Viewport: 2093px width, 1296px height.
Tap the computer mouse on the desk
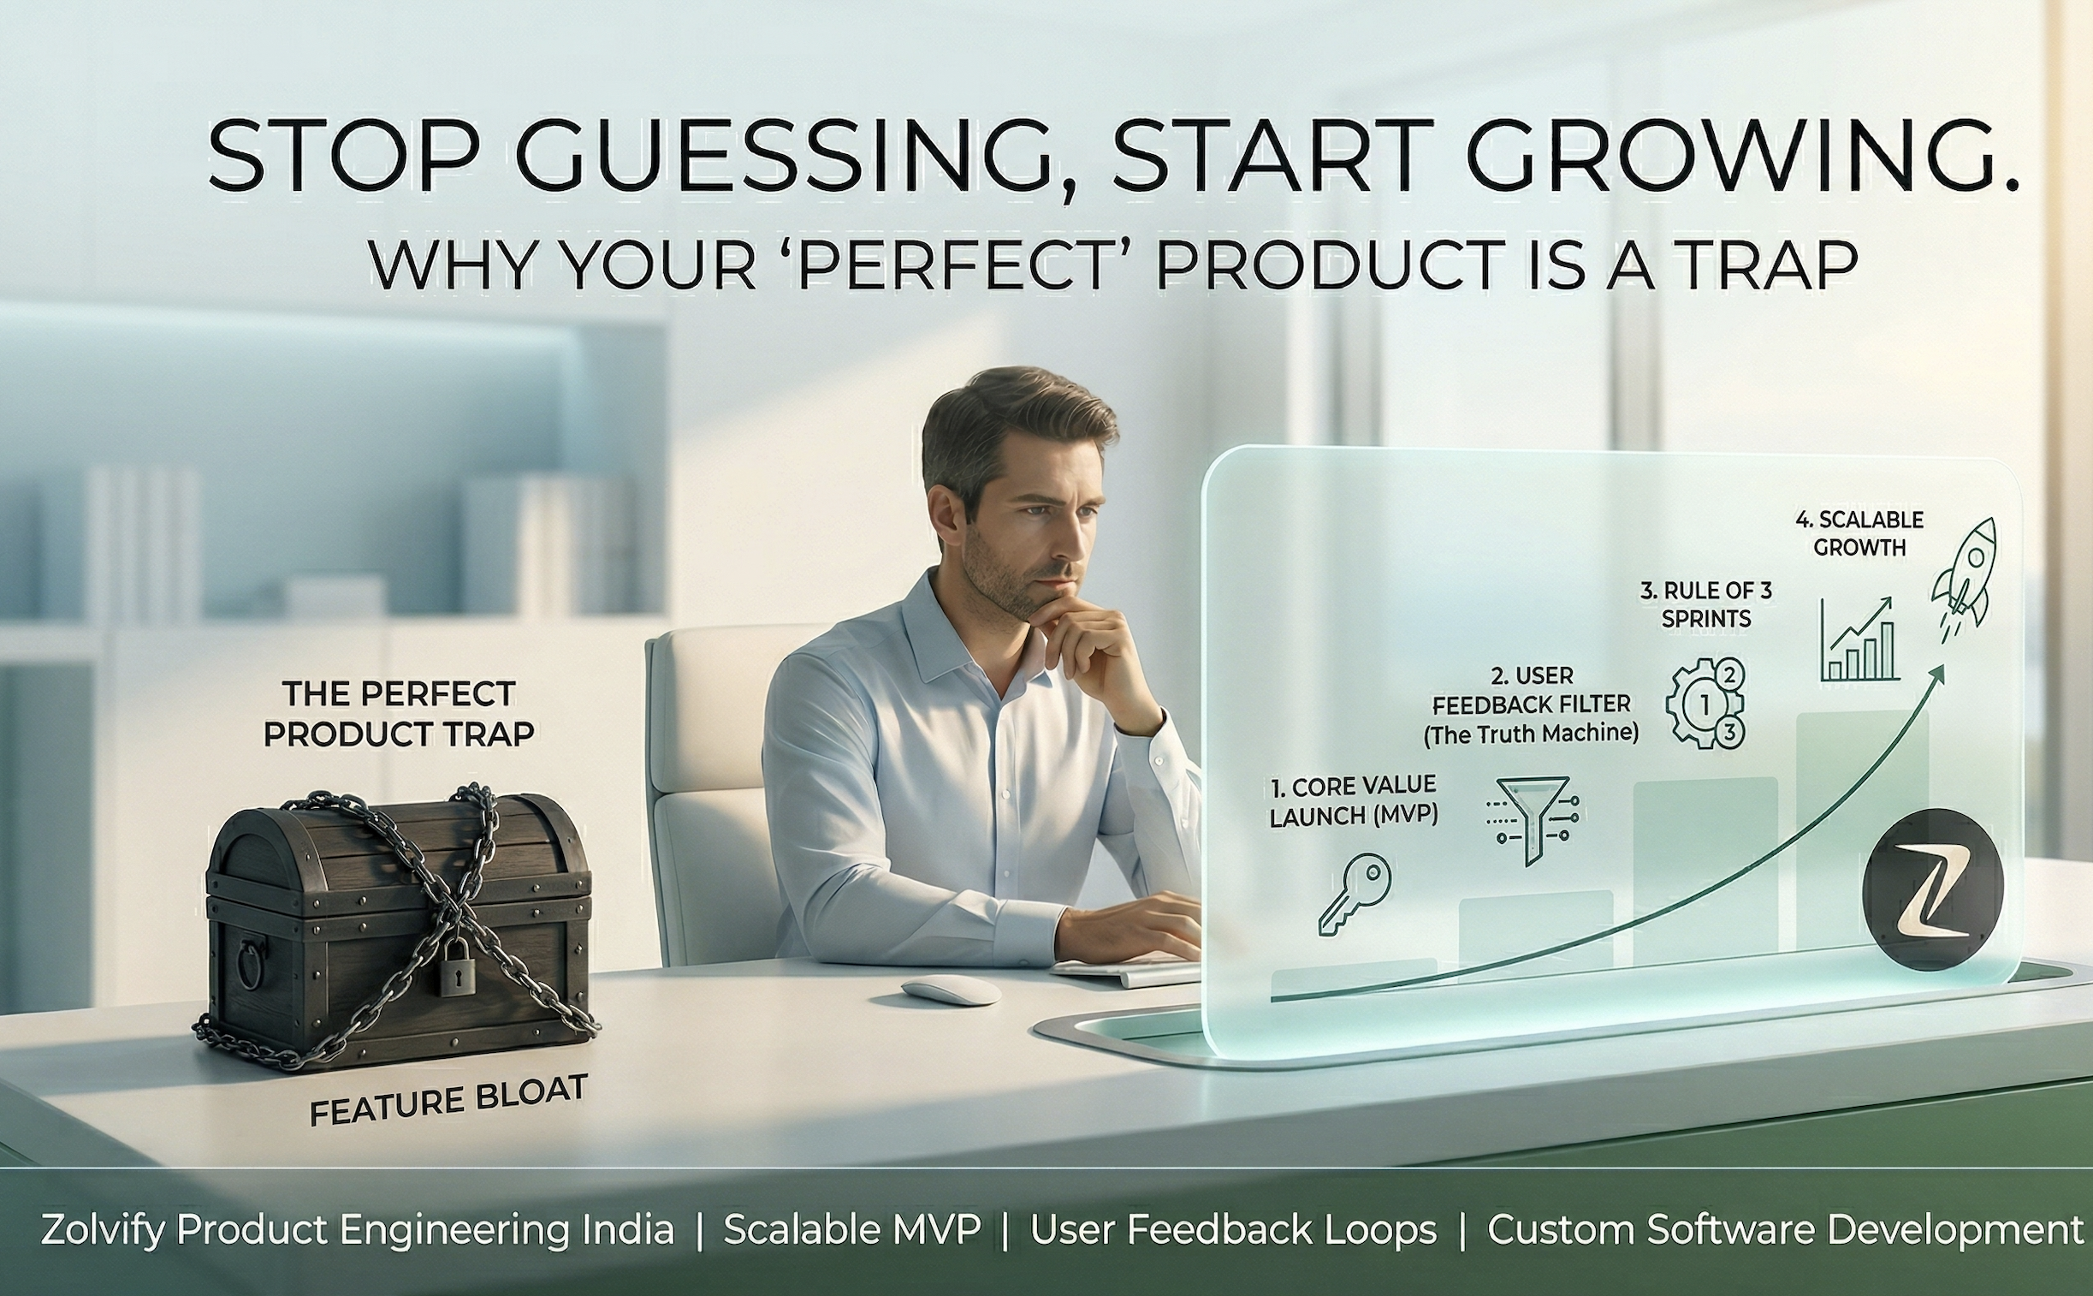pyautogui.click(x=951, y=991)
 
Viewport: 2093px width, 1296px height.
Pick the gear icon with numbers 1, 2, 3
pyautogui.click(x=1705, y=704)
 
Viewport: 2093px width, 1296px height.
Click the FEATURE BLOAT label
pyautogui.click(x=448, y=1101)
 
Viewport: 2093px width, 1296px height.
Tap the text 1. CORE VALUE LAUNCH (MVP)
pyautogui.click(x=1354, y=800)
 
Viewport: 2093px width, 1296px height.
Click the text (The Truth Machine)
pyautogui.click(x=1531, y=734)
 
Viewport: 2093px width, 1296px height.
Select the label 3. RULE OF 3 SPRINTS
pyautogui.click(x=1705, y=604)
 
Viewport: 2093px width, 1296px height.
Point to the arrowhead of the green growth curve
pyautogui.click(x=1938, y=675)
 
